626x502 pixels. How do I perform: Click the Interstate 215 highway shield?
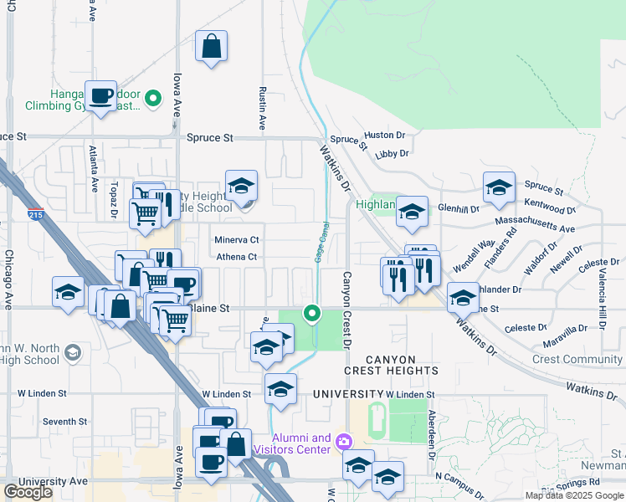[35, 215]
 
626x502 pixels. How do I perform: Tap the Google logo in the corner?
[28, 492]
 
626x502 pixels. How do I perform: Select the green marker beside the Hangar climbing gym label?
[153, 100]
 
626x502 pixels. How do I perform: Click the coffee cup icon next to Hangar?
[101, 96]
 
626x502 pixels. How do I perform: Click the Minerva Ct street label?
[237, 239]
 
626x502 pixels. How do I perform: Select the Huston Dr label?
[385, 135]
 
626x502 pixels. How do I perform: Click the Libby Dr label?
[392, 154]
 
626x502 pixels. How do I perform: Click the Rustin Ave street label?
[262, 109]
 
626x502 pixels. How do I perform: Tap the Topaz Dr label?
[113, 199]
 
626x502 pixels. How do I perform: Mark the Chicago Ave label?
[10, 278]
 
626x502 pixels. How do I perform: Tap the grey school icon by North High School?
[73, 353]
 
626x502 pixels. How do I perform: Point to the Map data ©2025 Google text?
[574, 495]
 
